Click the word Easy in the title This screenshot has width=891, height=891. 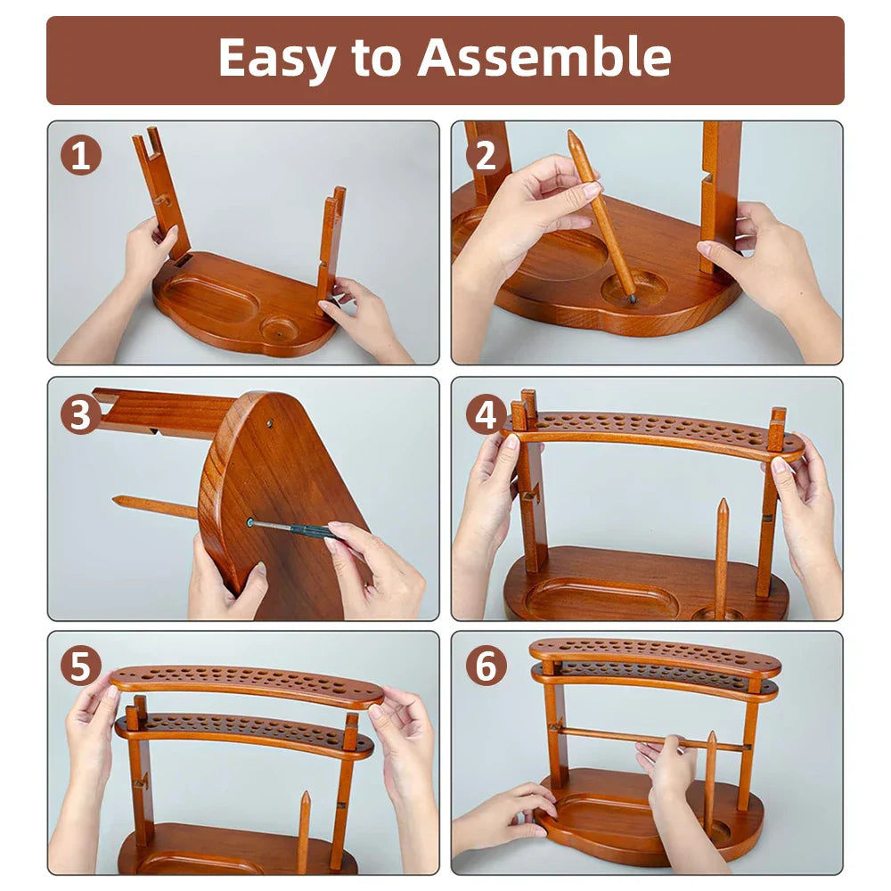277,59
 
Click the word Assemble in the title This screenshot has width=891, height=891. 544,59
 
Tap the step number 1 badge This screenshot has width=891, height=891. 80,157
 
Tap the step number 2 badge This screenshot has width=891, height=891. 486,157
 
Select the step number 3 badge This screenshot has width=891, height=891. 80,414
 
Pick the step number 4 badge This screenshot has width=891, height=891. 486,414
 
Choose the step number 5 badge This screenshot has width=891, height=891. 80,666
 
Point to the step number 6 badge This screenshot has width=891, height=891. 486,666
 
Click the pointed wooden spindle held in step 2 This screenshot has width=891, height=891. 601,214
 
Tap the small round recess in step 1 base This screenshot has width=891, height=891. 281,329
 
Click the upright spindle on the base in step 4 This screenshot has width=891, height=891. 721,557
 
